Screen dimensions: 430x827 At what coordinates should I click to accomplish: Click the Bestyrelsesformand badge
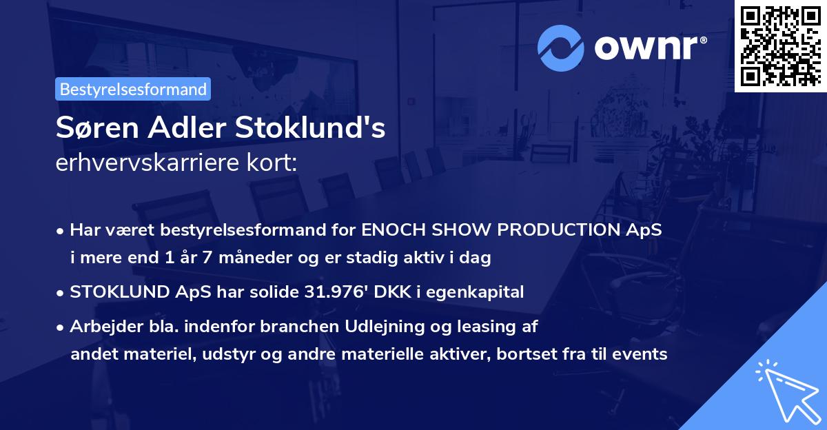(x=132, y=89)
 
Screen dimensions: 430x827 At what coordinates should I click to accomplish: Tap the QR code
(x=781, y=45)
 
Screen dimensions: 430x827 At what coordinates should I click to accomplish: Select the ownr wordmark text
(x=645, y=47)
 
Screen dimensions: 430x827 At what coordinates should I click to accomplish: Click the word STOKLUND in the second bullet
(x=114, y=291)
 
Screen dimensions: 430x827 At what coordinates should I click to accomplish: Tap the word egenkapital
(x=483, y=291)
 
